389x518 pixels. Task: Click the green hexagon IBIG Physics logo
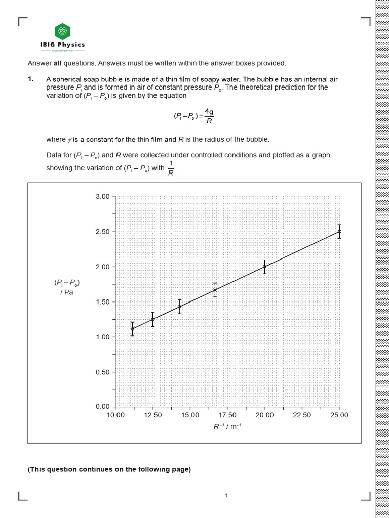point(62,31)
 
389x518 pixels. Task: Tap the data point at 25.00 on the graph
point(339,231)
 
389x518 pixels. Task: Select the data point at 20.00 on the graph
point(264,267)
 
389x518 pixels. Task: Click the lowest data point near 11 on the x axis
point(132,329)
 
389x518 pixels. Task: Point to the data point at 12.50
point(153,319)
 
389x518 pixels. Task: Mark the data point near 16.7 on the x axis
point(215,290)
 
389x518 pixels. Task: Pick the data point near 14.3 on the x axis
point(179,307)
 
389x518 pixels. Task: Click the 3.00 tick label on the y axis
point(102,196)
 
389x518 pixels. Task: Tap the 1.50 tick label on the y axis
point(102,302)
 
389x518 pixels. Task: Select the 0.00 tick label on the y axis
point(102,407)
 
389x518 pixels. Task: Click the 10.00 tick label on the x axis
point(115,415)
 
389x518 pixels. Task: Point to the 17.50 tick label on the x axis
point(227,415)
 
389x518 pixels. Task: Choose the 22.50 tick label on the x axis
point(302,415)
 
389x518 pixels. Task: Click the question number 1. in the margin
point(31,79)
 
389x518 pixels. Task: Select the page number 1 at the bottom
point(226,496)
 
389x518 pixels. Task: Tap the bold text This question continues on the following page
point(109,470)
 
